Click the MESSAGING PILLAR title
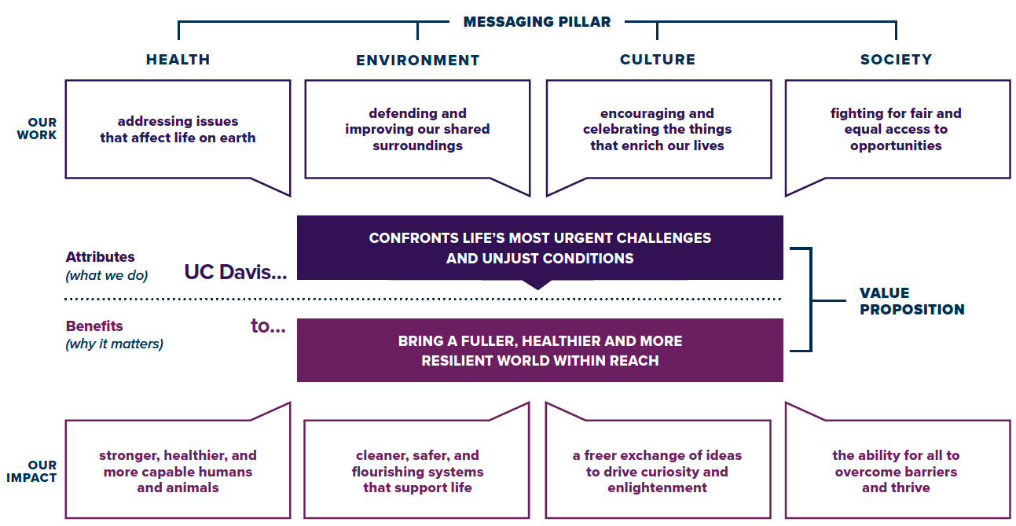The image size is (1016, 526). click(537, 22)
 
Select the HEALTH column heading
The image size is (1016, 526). click(178, 60)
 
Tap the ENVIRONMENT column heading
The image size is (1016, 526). click(417, 60)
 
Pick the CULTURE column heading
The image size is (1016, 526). click(657, 60)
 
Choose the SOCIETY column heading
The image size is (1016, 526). click(897, 60)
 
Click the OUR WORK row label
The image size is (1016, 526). click(37, 128)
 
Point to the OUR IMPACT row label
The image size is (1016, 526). click(31, 471)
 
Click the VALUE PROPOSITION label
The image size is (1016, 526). click(911, 301)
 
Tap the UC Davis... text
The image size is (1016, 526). click(236, 272)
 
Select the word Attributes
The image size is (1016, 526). click(101, 257)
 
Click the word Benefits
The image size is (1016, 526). click(94, 326)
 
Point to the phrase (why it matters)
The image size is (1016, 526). click(114, 344)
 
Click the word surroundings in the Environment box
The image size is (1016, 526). click(418, 145)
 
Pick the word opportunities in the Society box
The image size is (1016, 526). click(896, 145)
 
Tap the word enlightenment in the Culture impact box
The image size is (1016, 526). click(657, 488)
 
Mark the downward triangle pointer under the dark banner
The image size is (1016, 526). click(537, 285)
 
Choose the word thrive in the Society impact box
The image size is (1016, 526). click(914, 488)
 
